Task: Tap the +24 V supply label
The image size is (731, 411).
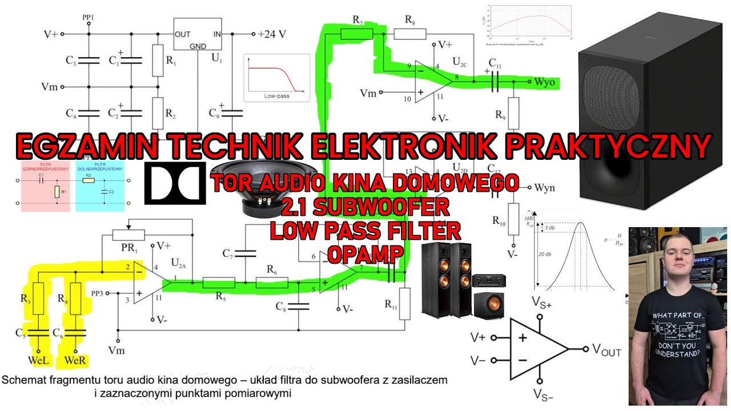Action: [x=271, y=34]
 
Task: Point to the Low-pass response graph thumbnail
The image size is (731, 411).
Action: [x=276, y=78]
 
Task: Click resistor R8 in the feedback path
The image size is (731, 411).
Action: [x=409, y=34]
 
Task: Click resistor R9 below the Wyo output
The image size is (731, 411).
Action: [x=513, y=113]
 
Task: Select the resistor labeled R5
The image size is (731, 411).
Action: [x=219, y=283]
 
